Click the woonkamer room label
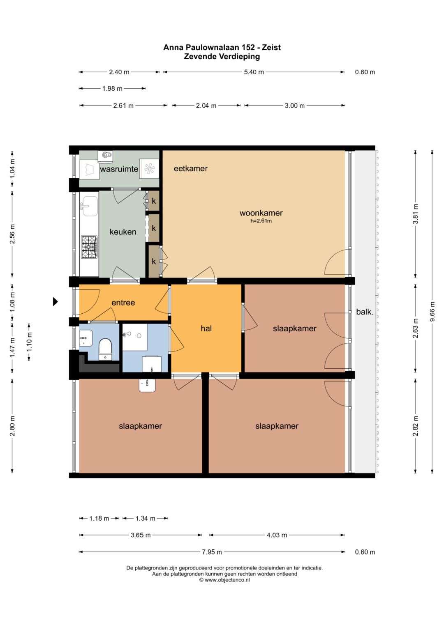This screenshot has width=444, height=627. point(261,213)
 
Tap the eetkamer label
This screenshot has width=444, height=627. point(191,168)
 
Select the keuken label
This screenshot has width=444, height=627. point(123,232)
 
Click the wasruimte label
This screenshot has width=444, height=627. point(119,169)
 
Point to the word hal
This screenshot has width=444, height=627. point(206,328)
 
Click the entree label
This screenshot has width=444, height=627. point(123,303)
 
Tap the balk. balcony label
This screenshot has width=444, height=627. point(365,312)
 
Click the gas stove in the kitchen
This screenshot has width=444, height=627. point(90,247)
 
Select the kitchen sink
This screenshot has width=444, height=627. point(89,206)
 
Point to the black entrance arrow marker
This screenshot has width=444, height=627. point(55,301)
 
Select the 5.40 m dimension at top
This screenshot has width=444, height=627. point(254,72)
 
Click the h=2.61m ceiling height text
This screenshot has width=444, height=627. point(261,221)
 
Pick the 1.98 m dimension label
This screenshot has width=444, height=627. point(112,89)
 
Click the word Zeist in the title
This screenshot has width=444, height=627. point(271,48)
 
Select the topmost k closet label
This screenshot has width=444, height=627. point(154,201)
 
